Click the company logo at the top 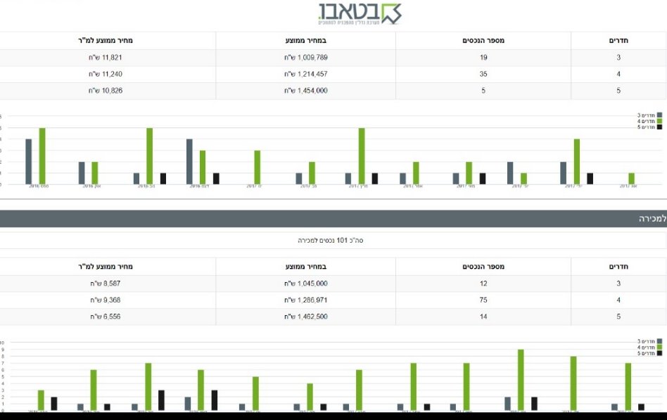coord(359,13)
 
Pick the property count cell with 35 coord(483,74)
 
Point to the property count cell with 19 coord(483,58)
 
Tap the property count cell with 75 coord(483,300)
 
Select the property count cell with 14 coord(483,317)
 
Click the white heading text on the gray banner coord(652,219)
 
